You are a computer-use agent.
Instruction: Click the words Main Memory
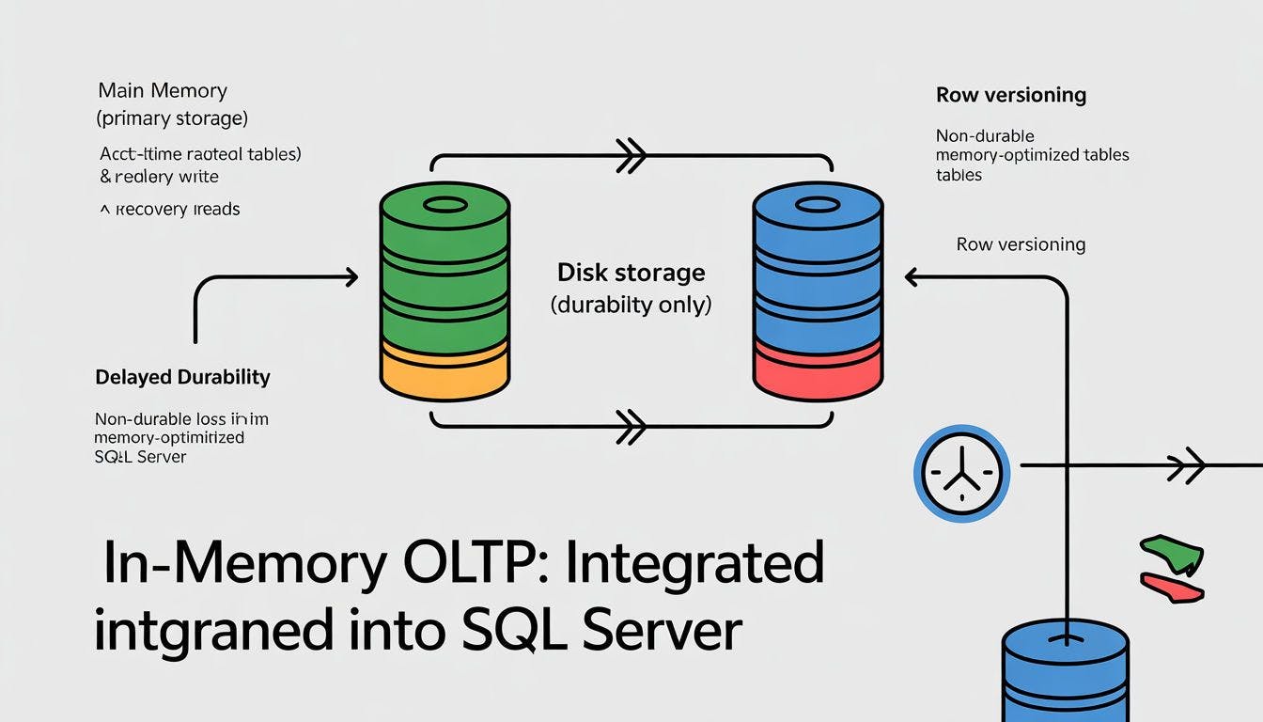163,91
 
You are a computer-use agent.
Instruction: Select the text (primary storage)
173,118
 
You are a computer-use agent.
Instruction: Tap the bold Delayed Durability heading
182,377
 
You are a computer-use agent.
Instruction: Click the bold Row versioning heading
1011,95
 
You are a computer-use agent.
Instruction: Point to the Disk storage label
631,273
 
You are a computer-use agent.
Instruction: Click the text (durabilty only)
631,305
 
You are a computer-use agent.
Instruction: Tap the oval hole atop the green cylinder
445,205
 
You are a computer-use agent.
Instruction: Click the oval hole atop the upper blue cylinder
818,205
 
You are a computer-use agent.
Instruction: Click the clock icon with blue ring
961,472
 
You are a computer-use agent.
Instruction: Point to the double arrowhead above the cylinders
631,156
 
